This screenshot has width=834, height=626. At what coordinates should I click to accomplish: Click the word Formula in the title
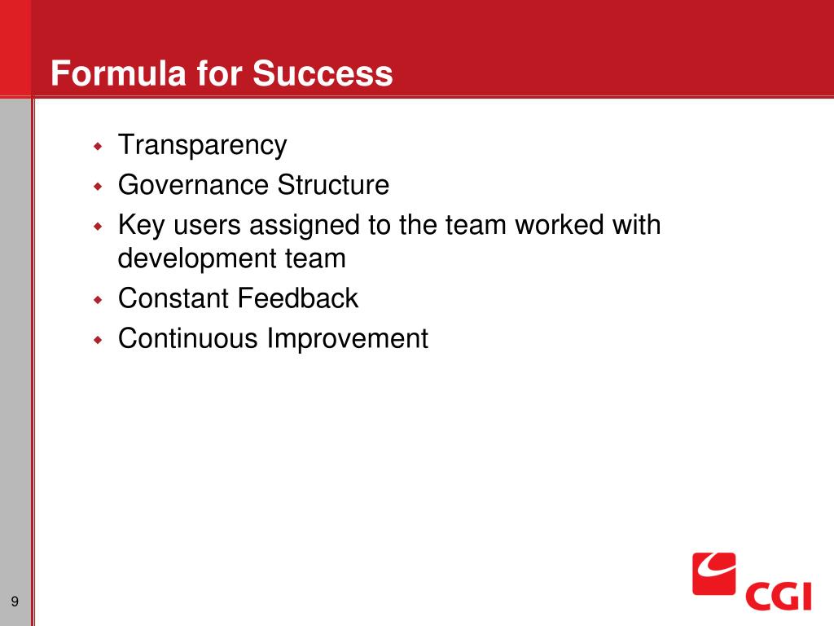tap(119, 73)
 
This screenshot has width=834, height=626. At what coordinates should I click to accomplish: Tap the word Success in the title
tap(323, 73)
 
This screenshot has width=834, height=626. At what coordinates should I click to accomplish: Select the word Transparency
tap(202, 145)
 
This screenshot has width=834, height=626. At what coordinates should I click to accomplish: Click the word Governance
tap(193, 185)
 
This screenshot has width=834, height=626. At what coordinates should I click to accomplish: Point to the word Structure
tap(333, 185)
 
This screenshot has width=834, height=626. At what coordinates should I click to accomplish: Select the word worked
tap(559, 224)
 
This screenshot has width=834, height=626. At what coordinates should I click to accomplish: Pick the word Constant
tap(173, 298)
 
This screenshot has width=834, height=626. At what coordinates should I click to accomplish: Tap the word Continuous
tap(188, 338)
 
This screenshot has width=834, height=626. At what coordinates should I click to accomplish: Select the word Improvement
tap(347, 338)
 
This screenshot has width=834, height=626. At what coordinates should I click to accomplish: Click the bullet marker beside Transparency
tap(98, 146)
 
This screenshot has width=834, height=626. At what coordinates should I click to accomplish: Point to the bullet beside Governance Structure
tap(98, 187)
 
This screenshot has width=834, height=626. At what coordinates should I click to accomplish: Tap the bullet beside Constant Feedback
tap(98, 300)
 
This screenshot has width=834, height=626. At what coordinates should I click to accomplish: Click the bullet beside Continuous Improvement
tap(98, 340)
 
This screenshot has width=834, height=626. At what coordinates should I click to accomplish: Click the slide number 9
tap(15, 602)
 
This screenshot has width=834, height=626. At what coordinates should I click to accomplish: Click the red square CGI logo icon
tap(713, 574)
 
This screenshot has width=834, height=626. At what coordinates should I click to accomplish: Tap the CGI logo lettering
tap(778, 596)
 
